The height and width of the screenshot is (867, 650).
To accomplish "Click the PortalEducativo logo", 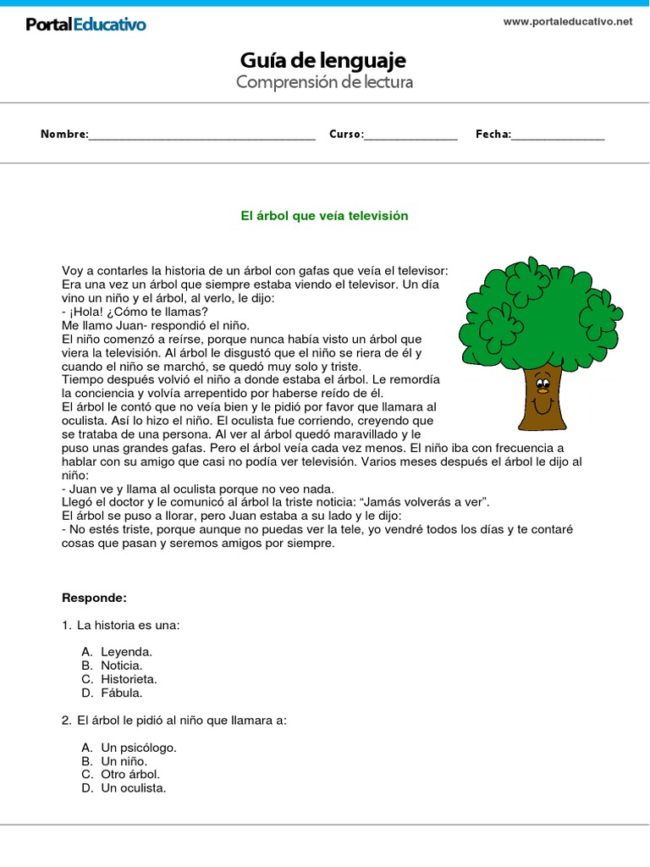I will tap(85, 25).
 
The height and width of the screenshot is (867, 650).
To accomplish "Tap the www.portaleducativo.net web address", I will tap(568, 22).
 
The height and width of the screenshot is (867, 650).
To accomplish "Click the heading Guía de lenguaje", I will tap(323, 60).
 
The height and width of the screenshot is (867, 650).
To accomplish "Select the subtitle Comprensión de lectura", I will tap(324, 82).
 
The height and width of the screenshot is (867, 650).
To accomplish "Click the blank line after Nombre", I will tap(202, 135).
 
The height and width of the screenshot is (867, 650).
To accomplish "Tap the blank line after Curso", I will tap(411, 135).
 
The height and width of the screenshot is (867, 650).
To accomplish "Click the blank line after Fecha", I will tap(559, 135).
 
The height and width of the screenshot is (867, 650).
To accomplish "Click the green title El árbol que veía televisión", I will tap(324, 216).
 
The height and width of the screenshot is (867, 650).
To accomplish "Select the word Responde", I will tap(94, 598).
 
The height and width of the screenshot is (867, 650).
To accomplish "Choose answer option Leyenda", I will tap(126, 652).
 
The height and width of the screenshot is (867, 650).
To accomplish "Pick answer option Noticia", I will tap(121, 665).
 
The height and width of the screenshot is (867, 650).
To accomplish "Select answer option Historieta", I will tap(129, 679).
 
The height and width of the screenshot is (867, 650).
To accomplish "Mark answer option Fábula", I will tap(122, 693).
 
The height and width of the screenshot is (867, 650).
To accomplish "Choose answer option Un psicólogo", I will tap(138, 748).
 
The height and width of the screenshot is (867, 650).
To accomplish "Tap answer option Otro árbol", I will tap(129, 774).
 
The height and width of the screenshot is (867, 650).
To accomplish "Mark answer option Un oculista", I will tap(133, 787).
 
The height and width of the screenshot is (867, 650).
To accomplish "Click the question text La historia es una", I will tap(129, 625).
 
